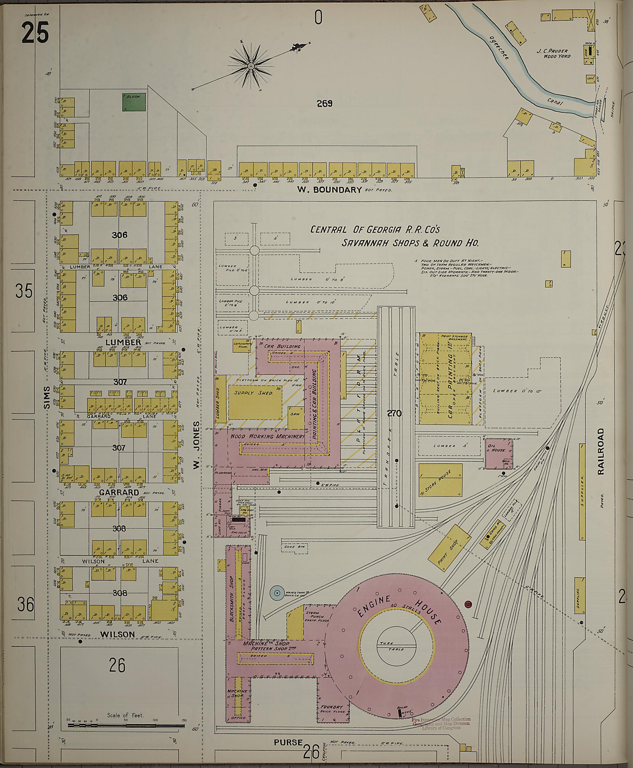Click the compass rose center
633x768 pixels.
[x=251, y=66]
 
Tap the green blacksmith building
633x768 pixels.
[x=134, y=102]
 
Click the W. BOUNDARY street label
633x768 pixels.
[x=329, y=189]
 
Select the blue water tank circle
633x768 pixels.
[x=277, y=593]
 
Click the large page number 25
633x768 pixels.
[x=35, y=33]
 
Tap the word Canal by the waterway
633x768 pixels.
[x=556, y=103]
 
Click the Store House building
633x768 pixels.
[x=440, y=480]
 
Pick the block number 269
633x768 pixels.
[x=324, y=104]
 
